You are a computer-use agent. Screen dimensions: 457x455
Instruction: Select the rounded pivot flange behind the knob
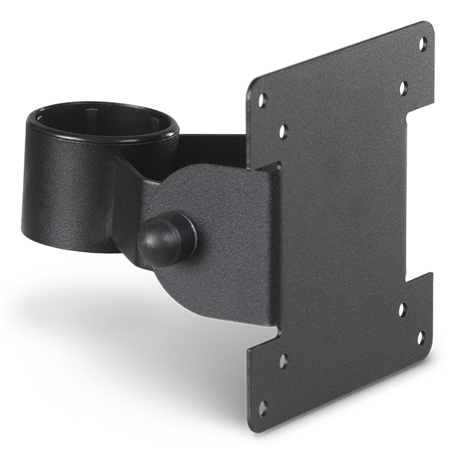[x=224, y=224]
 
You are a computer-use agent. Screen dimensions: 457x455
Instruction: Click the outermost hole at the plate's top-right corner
[x=422, y=44]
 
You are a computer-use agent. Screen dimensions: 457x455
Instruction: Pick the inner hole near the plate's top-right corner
[x=403, y=87]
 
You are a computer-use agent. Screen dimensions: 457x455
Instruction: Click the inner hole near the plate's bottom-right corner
[x=402, y=310]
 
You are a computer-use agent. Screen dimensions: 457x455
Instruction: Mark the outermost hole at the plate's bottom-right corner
[x=420, y=337]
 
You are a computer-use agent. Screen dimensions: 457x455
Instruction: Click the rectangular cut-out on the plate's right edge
[x=420, y=197]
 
